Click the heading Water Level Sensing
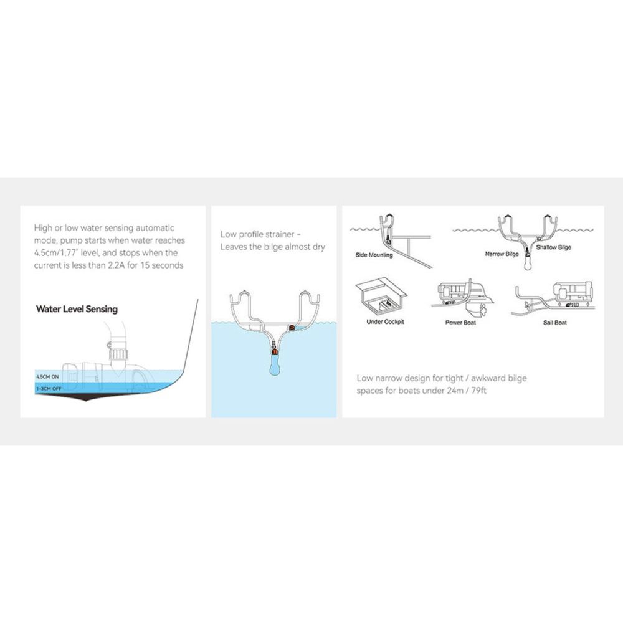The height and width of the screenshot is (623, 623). (x=77, y=309)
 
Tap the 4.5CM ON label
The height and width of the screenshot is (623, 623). (x=47, y=377)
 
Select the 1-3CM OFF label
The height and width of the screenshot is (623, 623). (x=49, y=389)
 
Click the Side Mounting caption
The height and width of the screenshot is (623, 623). (x=374, y=255)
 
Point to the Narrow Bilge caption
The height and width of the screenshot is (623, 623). (x=502, y=254)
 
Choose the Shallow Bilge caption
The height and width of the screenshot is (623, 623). (x=553, y=247)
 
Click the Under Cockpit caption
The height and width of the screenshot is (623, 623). (x=385, y=321)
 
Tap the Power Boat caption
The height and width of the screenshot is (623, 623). (x=460, y=322)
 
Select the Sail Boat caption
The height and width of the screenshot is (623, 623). (x=554, y=322)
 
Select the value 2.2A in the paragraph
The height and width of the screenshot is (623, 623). (x=117, y=265)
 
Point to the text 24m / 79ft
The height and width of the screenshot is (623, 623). (x=466, y=391)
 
